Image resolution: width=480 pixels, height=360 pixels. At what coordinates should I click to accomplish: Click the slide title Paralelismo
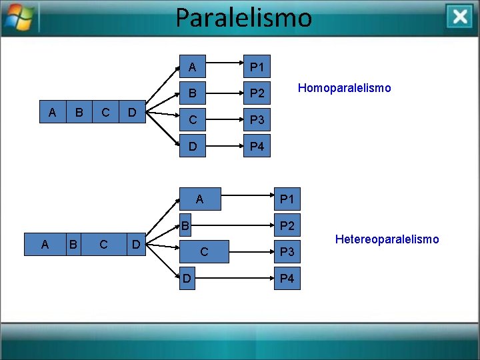click(x=243, y=17)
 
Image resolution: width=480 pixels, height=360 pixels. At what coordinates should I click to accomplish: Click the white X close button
click(x=460, y=17)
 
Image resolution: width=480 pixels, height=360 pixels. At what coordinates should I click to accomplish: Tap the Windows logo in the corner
click(x=18, y=19)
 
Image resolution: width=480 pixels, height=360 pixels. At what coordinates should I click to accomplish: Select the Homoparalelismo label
click(x=344, y=88)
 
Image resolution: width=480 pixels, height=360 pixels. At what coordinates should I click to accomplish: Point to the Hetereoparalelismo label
click(x=387, y=239)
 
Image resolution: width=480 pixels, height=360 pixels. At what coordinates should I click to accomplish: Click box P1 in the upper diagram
click(x=257, y=67)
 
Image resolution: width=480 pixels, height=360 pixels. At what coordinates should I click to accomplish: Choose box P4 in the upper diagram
click(x=257, y=146)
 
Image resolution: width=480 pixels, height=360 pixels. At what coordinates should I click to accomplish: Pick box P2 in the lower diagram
click(x=287, y=226)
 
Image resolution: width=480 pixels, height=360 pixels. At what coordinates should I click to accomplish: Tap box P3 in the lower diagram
click(x=287, y=252)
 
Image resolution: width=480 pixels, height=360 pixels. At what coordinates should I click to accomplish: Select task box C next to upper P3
click(x=193, y=120)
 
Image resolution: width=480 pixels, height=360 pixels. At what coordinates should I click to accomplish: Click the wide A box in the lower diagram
click(x=199, y=199)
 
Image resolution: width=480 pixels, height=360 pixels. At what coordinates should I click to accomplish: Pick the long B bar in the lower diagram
click(x=187, y=225)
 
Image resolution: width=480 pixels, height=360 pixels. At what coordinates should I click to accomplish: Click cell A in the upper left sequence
click(x=53, y=112)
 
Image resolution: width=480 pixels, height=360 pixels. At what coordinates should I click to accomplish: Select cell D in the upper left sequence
click(x=132, y=112)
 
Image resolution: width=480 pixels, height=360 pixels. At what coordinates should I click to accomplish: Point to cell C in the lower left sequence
click(x=103, y=244)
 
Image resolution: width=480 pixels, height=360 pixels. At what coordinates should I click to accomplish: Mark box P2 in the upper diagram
click(x=257, y=93)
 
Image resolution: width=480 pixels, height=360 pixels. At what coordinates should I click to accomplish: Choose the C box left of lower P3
click(x=204, y=252)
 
